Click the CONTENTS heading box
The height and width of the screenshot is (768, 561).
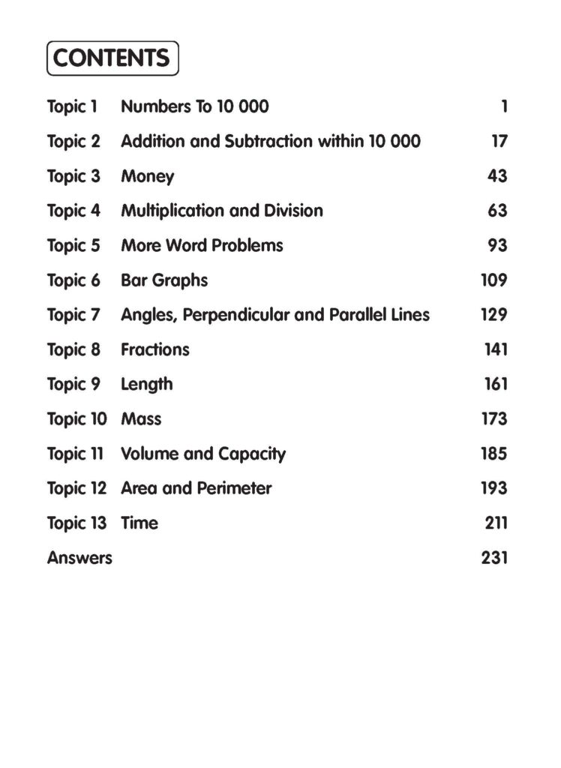pos(112,58)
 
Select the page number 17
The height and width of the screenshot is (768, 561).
pos(499,141)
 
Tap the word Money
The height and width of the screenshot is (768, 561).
pos(148,176)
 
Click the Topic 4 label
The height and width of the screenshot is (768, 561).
pos(73,211)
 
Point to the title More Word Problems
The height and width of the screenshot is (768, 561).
pos(202,245)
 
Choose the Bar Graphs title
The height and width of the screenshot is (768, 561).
pos(164,280)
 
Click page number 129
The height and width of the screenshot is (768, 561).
pos(494,315)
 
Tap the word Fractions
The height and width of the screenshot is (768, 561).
pos(155,349)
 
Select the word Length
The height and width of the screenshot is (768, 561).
pos(147,384)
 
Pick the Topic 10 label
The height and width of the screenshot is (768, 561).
pos(77,418)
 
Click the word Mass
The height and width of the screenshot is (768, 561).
pos(141,418)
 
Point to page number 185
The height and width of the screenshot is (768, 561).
pos(494,454)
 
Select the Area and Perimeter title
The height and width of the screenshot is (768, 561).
pos(196,488)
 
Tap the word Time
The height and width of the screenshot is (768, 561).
pos(139,523)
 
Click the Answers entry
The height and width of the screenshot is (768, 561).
pos(79,558)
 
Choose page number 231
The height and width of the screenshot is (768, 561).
pos(494,558)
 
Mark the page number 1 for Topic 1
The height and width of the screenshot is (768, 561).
pos(505,106)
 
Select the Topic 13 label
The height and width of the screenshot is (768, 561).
pos(77,523)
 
